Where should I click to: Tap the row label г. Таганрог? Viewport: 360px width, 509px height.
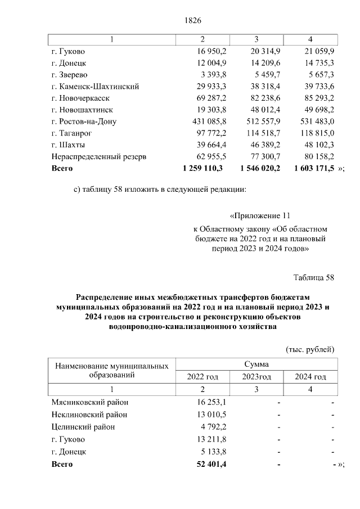coord(71,133)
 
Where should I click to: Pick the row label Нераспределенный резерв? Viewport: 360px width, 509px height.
coord(99,156)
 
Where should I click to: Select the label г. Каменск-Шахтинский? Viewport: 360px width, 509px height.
coord(94,87)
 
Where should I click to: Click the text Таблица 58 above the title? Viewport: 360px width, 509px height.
coord(314,278)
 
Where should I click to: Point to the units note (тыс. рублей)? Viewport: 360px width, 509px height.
coord(310,349)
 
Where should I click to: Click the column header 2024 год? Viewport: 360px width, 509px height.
coord(310,377)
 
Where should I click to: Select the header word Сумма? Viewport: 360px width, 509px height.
coord(256,364)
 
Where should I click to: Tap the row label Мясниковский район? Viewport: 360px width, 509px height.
coord(89,402)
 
